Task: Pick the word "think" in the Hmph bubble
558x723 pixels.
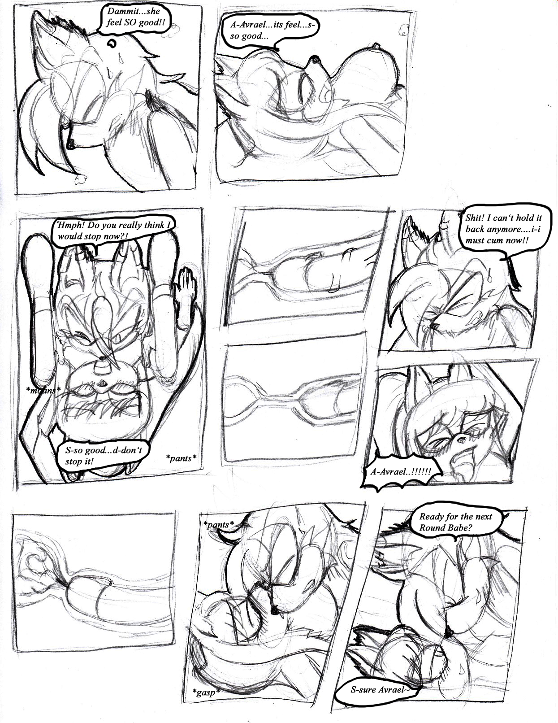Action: [x=155, y=225]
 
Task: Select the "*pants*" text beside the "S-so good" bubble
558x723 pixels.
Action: [x=181, y=458]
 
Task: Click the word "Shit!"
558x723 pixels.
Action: [x=474, y=218]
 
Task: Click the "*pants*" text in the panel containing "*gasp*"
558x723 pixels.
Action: [x=219, y=525]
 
